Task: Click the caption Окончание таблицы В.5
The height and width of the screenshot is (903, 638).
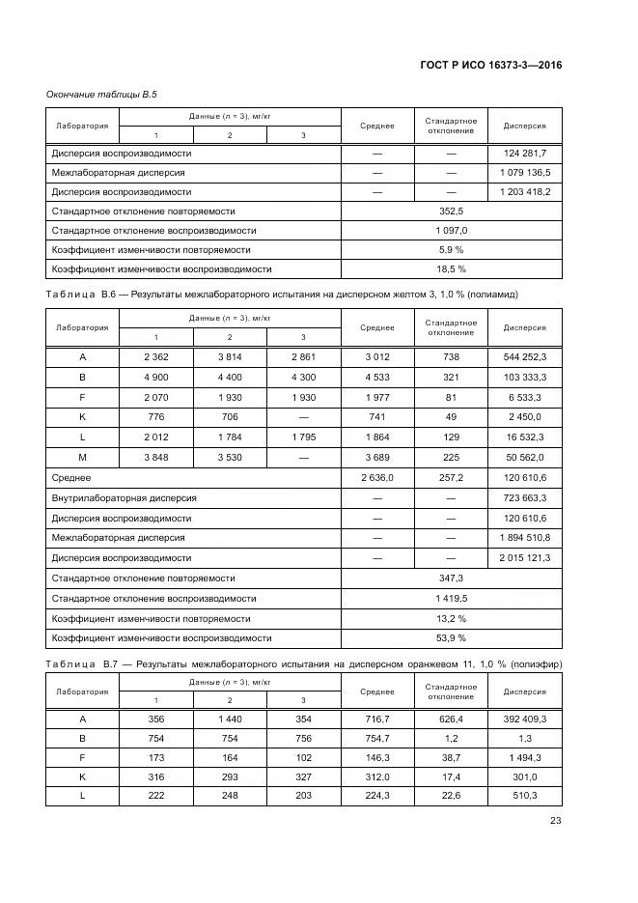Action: tap(101, 94)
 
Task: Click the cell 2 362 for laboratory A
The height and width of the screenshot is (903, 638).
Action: tap(155, 357)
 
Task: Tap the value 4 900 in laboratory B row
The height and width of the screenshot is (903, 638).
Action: tap(155, 377)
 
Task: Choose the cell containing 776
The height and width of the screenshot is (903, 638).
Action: tap(155, 416)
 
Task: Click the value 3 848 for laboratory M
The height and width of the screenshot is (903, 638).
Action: tap(155, 456)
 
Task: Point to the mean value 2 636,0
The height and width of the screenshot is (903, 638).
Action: tap(377, 477)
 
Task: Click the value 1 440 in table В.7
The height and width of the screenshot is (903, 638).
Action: tap(230, 719)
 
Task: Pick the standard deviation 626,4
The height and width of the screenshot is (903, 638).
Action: tap(451, 719)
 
